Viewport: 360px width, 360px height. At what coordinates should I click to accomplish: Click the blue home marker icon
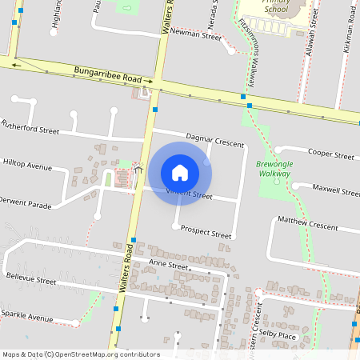pos(179,172)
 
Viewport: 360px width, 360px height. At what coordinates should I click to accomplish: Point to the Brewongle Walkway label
pos(274,168)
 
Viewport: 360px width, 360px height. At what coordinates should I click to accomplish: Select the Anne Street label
pos(167,266)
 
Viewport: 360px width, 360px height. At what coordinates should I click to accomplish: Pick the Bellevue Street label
pos(31,281)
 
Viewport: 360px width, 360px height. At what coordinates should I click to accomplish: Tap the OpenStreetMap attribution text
pos(80,354)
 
